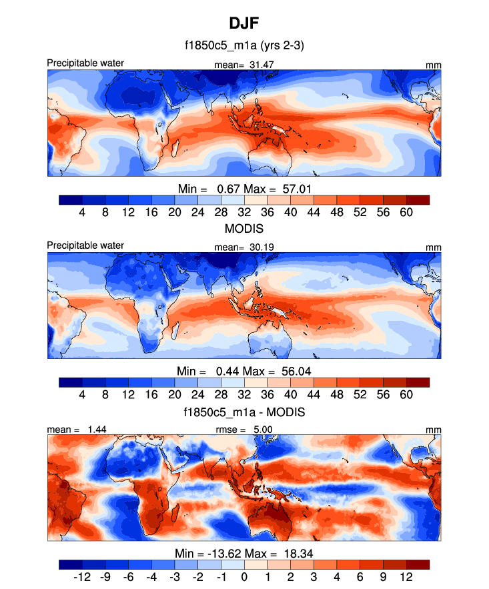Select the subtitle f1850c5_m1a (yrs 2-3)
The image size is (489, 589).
click(244, 47)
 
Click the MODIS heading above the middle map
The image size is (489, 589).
click(244, 229)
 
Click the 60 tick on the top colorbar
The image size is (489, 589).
click(406, 212)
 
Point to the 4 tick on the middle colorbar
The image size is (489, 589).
click(82, 394)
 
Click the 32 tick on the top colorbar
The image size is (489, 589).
click(244, 212)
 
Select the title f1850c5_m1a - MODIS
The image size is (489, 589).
click(244, 412)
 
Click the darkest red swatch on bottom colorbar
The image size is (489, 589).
click(418, 564)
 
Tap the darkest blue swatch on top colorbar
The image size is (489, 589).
click(71, 199)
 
